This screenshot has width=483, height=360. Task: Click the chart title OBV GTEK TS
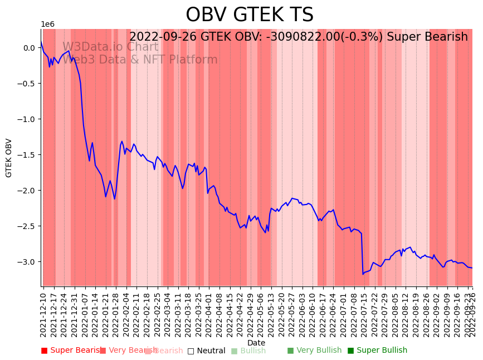[250, 15]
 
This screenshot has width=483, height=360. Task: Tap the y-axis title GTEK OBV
[9, 158]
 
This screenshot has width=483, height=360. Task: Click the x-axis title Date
[256, 343]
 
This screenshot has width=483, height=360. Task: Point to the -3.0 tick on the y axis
[28, 262]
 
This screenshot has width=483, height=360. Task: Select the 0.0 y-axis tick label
[30, 48]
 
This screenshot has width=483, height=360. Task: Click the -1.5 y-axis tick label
[28, 155]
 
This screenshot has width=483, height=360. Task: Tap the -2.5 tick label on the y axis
[28, 226]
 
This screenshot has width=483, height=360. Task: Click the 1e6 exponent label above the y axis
[47, 25]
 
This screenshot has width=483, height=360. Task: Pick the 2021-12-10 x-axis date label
[43, 312]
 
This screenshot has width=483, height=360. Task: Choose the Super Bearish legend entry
[71, 351]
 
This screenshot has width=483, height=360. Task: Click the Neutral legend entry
[207, 351]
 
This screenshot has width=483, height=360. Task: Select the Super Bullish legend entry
[378, 351]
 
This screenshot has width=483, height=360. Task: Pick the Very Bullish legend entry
[314, 351]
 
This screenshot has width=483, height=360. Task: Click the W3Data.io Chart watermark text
[110, 47]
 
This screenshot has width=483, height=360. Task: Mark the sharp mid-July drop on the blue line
[362, 254]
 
